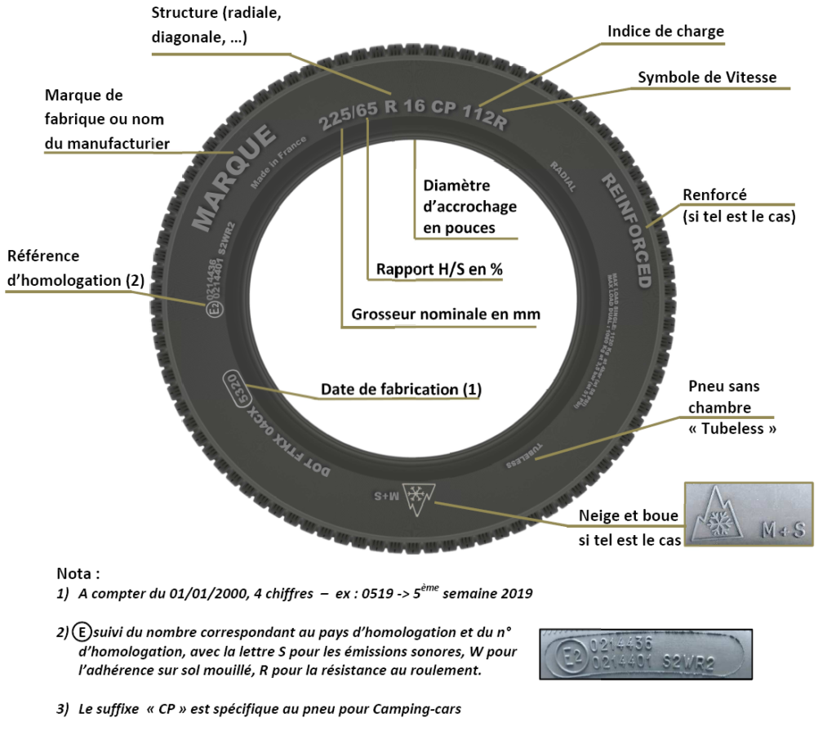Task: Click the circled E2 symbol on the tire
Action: click(215, 309)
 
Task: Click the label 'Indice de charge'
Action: click(665, 32)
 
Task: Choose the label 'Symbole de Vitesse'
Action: click(707, 78)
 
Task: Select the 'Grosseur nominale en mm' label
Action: click(446, 314)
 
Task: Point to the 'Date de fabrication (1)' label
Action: click(401, 390)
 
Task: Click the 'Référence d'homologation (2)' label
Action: click(75, 268)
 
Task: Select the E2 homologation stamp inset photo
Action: click(645, 653)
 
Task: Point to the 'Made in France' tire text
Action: click(278, 163)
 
